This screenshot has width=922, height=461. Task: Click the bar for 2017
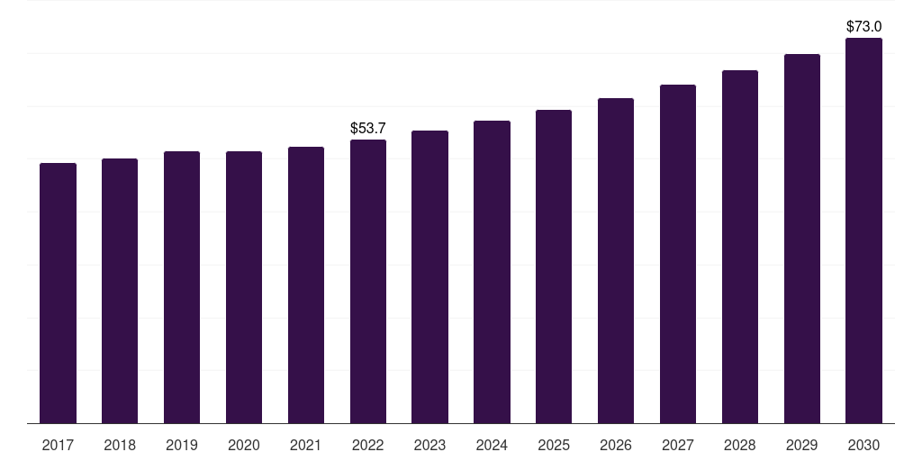58,293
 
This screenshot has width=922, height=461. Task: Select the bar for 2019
182,287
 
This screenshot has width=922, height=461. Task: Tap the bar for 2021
306,285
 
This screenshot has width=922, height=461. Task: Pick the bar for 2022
368,281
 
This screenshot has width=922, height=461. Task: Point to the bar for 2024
492,272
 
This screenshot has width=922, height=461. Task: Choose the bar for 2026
616,260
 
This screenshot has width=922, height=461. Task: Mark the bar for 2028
740,247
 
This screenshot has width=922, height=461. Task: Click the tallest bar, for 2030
864,230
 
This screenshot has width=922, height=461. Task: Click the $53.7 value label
368,129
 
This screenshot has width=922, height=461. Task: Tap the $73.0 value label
864,27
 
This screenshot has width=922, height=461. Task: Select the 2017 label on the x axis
58,445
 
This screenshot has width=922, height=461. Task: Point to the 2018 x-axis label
120,445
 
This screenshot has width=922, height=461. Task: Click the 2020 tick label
244,445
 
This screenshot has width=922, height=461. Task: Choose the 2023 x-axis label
429,445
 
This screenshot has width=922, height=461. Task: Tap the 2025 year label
554,445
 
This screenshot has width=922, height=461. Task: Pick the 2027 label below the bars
678,445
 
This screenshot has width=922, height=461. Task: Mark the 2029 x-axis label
802,445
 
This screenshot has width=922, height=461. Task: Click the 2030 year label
864,445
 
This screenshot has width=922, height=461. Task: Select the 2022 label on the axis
368,445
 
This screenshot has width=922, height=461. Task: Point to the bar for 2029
802,239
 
